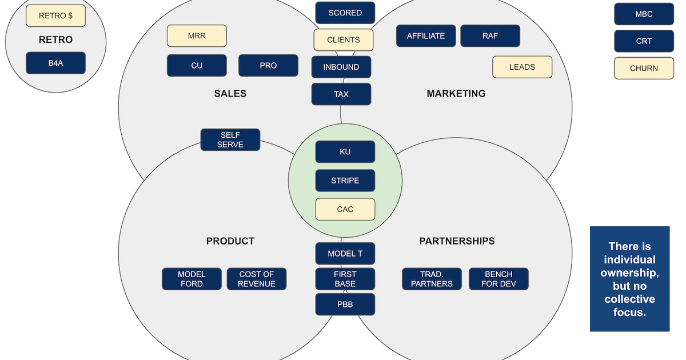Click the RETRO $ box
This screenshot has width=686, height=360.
click(x=55, y=16)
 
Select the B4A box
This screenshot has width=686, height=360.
click(x=55, y=63)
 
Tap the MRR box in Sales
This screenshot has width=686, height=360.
click(x=197, y=36)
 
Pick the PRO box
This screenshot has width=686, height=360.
click(x=268, y=66)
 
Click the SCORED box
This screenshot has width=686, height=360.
click(x=345, y=13)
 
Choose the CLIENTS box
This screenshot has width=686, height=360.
click(x=344, y=40)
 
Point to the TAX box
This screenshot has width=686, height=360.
click(x=341, y=94)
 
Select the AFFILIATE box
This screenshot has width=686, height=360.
click(x=426, y=36)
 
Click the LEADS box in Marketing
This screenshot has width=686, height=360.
click(x=522, y=67)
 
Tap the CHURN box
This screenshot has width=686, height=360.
click(x=644, y=68)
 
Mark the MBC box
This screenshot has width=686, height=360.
click(x=644, y=14)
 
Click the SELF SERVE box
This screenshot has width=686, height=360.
click(x=230, y=140)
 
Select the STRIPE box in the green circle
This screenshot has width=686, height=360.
click(x=345, y=181)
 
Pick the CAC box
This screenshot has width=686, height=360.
click(x=345, y=209)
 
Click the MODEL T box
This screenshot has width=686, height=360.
click(x=345, y=254)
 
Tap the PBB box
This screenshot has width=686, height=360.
click(x=345, y=305)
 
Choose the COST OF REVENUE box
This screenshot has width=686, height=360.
click(x=257, y=279)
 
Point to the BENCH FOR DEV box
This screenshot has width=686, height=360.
click(x=498, y=279)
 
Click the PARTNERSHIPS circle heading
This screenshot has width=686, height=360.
click(x=457, y=241)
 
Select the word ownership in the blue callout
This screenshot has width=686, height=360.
click(x=629, y=273)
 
